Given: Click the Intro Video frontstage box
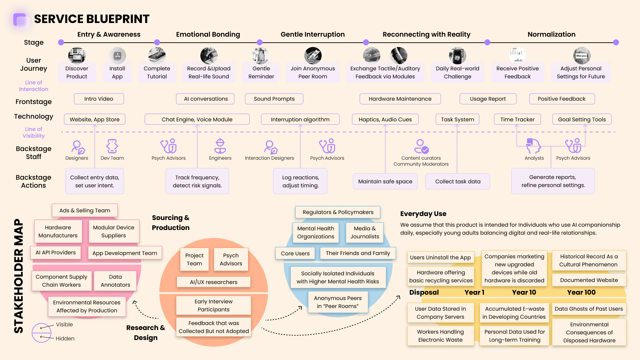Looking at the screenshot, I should (99, 99).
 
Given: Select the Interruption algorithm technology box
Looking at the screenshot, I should (300, 119).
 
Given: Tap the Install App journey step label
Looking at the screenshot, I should (117, 72).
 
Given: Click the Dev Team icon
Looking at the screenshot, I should (112, 146).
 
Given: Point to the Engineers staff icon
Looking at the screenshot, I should (220, 146).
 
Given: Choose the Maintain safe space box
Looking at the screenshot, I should (385, 181).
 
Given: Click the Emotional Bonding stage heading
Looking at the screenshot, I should (208, 34).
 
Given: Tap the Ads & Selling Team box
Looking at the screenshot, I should (85, 210).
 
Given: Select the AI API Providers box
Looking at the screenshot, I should (56, 253).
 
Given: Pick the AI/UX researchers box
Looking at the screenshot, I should (214, 282).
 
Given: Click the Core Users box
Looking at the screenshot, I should (295, 253).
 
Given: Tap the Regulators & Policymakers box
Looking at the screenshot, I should (338, 212).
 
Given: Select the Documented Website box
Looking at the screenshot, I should (589, 280).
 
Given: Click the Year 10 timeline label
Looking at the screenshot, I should (524, 292).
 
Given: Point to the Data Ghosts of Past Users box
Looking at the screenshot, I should (589, 309).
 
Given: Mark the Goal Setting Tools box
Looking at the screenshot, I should (582, 119).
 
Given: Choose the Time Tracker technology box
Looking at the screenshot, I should (517, 119).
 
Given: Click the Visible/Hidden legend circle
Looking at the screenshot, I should (41, 333).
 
